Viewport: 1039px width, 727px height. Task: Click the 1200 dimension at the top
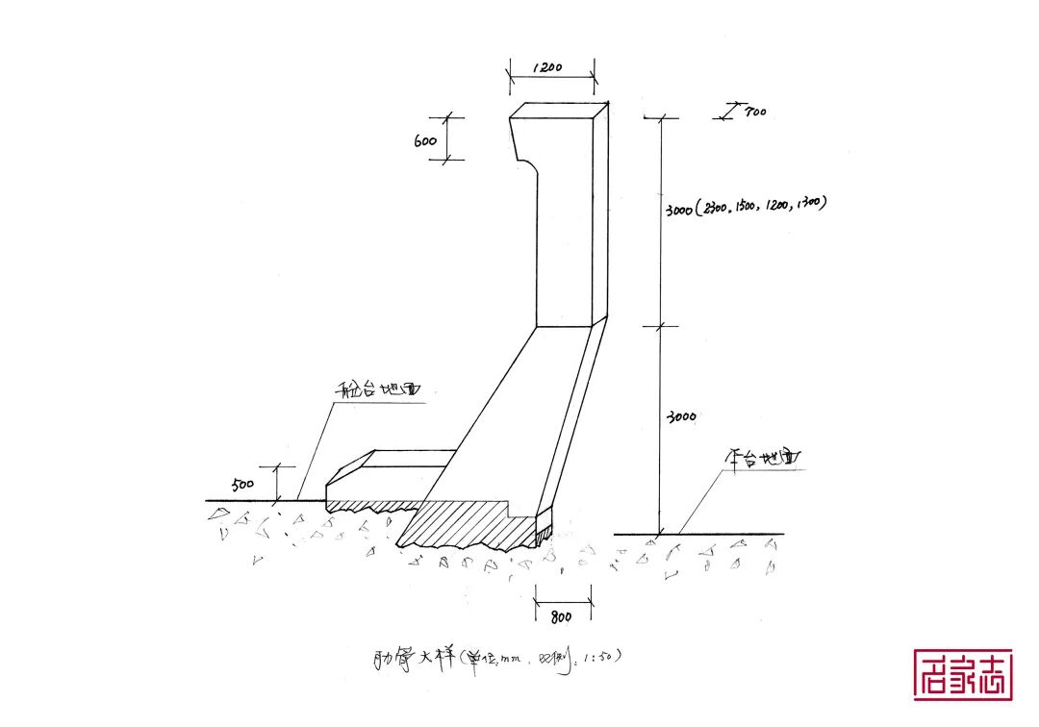pos(549,69)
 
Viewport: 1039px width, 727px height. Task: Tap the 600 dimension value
pos(426,140)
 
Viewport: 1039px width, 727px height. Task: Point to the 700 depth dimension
pos(754,113)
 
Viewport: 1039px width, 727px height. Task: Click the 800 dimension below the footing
pos(562,615)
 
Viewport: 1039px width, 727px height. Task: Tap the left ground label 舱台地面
pos(379,390)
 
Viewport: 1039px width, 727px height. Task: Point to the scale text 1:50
pos(604,657)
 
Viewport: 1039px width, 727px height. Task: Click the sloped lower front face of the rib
pos(510,414)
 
